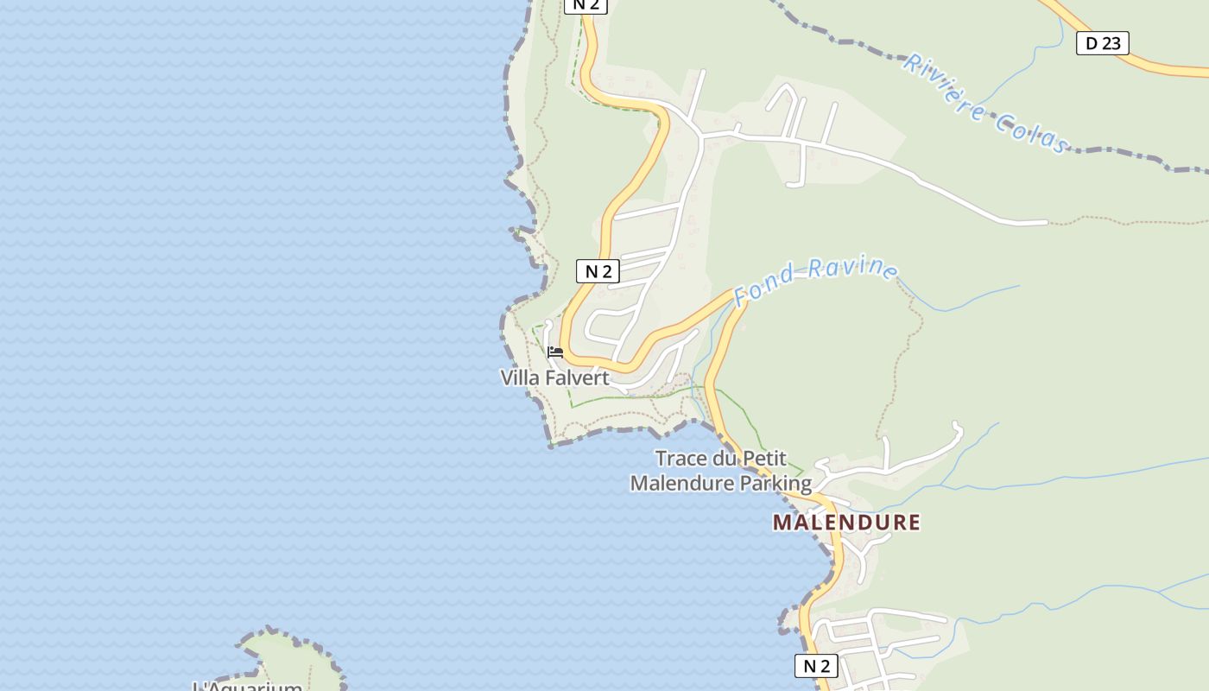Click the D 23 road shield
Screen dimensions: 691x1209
pos(1103,43)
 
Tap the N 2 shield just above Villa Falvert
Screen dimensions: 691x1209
pos(598,271)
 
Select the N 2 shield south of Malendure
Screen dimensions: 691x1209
pos(816,666)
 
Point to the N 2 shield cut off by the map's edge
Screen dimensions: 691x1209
pos(586,5)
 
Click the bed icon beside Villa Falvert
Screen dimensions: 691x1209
pos(555,352)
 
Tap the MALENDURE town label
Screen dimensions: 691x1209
pos(846,523)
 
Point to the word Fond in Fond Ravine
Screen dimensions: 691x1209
pos(763,284)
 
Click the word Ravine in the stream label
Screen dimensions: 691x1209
pos(855,268)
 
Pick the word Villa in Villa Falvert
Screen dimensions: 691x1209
pos(520,378)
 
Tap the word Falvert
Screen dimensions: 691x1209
pos(576,378)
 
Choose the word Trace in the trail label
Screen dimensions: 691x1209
pos(680,459)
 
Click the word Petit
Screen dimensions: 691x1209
pos(762,459)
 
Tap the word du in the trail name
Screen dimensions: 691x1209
pos(721,459)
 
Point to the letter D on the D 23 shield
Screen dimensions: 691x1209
pos(1091,43)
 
